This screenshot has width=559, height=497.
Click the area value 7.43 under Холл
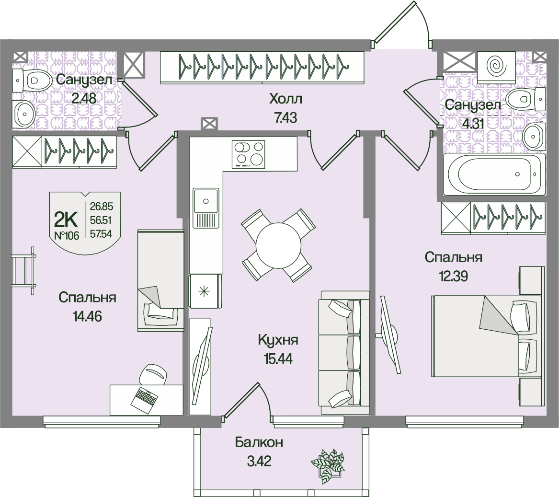point(286,117)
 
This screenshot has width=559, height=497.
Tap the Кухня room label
point(278,340)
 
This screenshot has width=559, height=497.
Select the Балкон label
point(259,442)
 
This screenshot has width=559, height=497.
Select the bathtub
point(494,174)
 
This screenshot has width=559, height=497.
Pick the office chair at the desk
point(153,374)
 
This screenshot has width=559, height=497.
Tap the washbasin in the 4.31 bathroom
point(534,137)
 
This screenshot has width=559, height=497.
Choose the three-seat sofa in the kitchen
point(343,353)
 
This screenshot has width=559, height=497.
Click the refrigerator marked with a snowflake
point(205,291)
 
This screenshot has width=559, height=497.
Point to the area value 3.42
point(259,462)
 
